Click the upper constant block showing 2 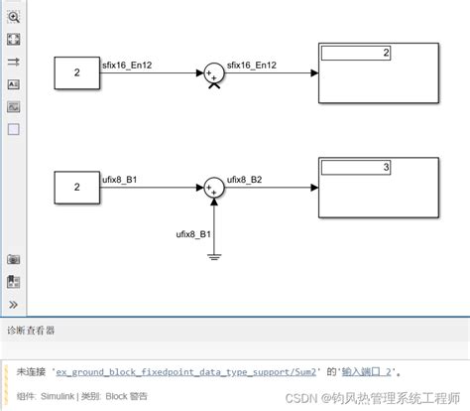click(x=77, y=73)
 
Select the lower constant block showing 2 click(x=77, y=188)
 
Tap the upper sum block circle click(x=214, y=73)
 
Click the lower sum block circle click(x=214, y=188)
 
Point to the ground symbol click(x=214, y=257)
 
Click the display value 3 click(x=386, y=167)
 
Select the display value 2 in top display click(x=386, y=53)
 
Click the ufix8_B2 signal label click(x=244, y=180)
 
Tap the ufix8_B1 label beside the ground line click(x=193, y=234)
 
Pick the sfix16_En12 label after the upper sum click(x=252, y=66)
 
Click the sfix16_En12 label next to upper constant click(x=127, y=66)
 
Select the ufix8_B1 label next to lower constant click(x=120, y=180)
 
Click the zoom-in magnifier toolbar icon click(x=14, y=17)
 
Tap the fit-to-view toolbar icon click(x=14, y=40)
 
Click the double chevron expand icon click(x=13, y=305)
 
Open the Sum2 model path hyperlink click(x=185, y=372)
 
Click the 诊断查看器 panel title click(x=31, y=331)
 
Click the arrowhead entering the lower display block click(x=314, y=188)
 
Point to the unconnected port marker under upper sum click(x=214, y=85)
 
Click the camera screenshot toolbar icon click(x=14, y=259)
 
